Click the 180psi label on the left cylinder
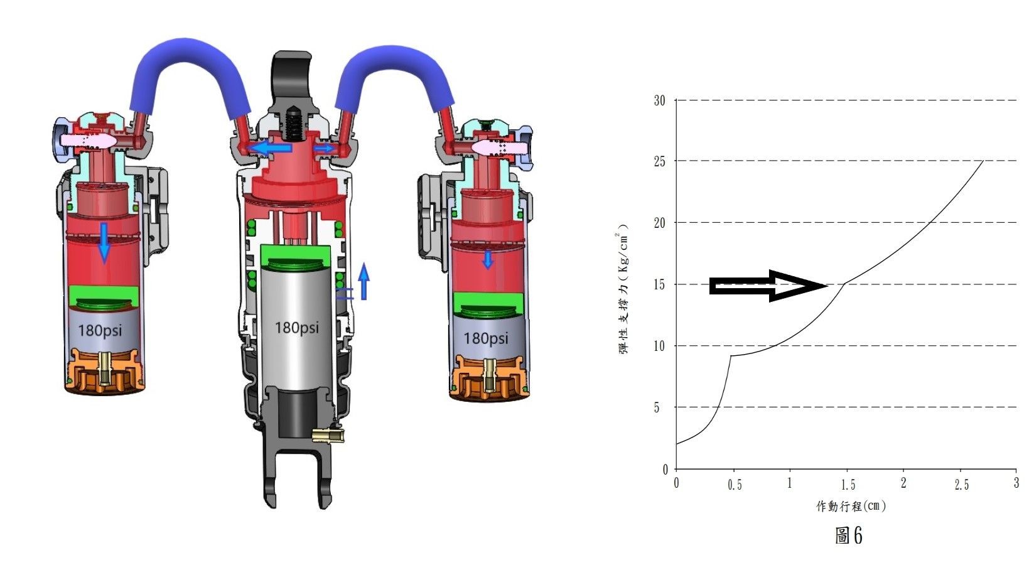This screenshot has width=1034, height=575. click(x=100, y=330)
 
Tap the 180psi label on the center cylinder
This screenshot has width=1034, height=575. click(x=297, y=328)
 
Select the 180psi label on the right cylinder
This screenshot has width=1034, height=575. click(x=486, y=338)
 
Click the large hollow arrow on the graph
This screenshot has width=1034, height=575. click(x=768, y=286)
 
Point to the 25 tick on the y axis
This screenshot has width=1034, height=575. click(x=660, y=161)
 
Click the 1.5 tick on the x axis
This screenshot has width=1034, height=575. click(x=848, y=484)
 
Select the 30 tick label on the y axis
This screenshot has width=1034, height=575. click(x=660, y=100)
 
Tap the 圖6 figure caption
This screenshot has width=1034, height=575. click(x=849, y=535)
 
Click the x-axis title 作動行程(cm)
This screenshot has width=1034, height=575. click(x=851, y=506)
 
